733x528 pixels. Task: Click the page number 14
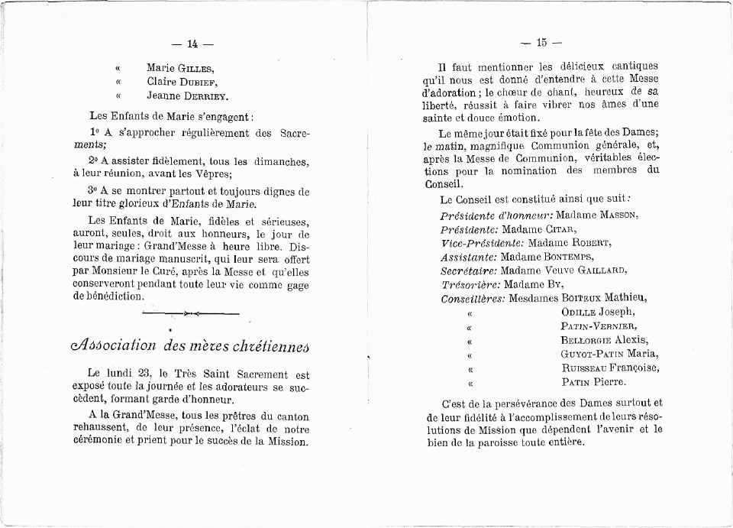coord(192,44)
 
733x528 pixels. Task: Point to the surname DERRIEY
coord(205,96)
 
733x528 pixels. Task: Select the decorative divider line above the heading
coord(190,313)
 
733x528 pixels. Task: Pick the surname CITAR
coord(561,229)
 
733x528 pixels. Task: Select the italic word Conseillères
coord(473,298)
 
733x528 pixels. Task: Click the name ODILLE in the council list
coord(579,312)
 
